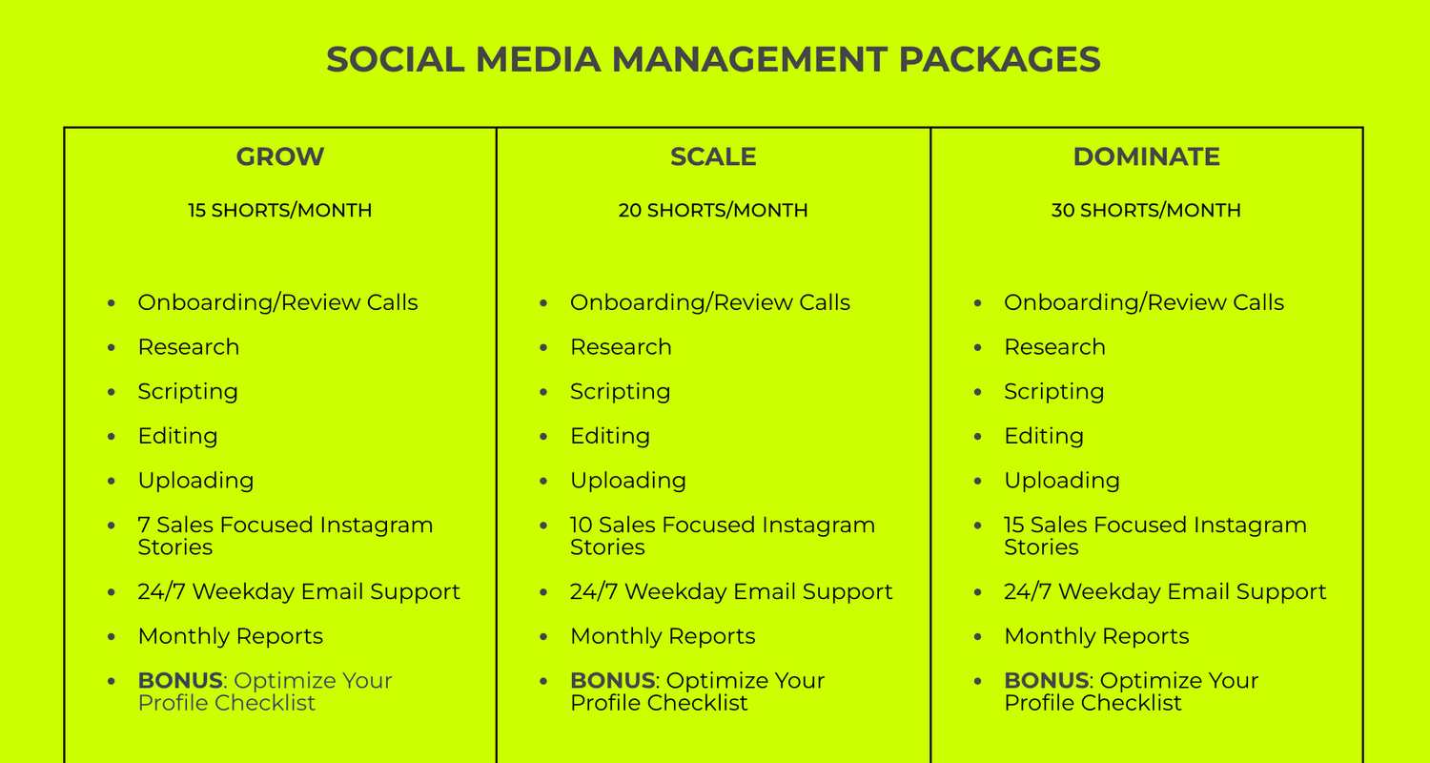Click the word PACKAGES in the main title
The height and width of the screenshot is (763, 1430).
[999, 59]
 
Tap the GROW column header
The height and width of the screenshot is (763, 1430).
[280, 156]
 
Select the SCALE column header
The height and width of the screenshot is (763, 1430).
[713, 156]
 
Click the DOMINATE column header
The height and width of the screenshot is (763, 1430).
[1147, 156]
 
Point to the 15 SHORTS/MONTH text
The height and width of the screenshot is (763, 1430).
[280, 210]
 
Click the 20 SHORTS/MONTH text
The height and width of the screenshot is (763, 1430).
[713, 210]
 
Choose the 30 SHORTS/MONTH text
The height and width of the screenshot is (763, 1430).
[1147, 210]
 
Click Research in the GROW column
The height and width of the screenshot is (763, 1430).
[189, 347]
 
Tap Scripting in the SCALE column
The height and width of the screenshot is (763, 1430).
[621, 391]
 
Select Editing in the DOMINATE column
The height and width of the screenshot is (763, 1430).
[1044, 436]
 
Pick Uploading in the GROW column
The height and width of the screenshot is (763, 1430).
[196, 480]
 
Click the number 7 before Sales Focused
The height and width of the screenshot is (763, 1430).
[144, 525]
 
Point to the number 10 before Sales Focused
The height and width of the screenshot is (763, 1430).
[582, 525]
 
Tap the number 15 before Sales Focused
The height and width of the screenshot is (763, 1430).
[1014, 525]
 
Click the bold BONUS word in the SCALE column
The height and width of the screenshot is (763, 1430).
[613, 681]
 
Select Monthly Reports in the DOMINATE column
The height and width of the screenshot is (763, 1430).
[1096, 636]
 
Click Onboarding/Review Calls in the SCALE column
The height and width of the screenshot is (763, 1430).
[710, 302]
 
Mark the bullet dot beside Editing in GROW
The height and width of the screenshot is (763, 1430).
[112, 437]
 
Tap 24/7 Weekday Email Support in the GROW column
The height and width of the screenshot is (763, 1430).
[298, 592]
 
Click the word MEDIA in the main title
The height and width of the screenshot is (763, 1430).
[539, 59]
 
